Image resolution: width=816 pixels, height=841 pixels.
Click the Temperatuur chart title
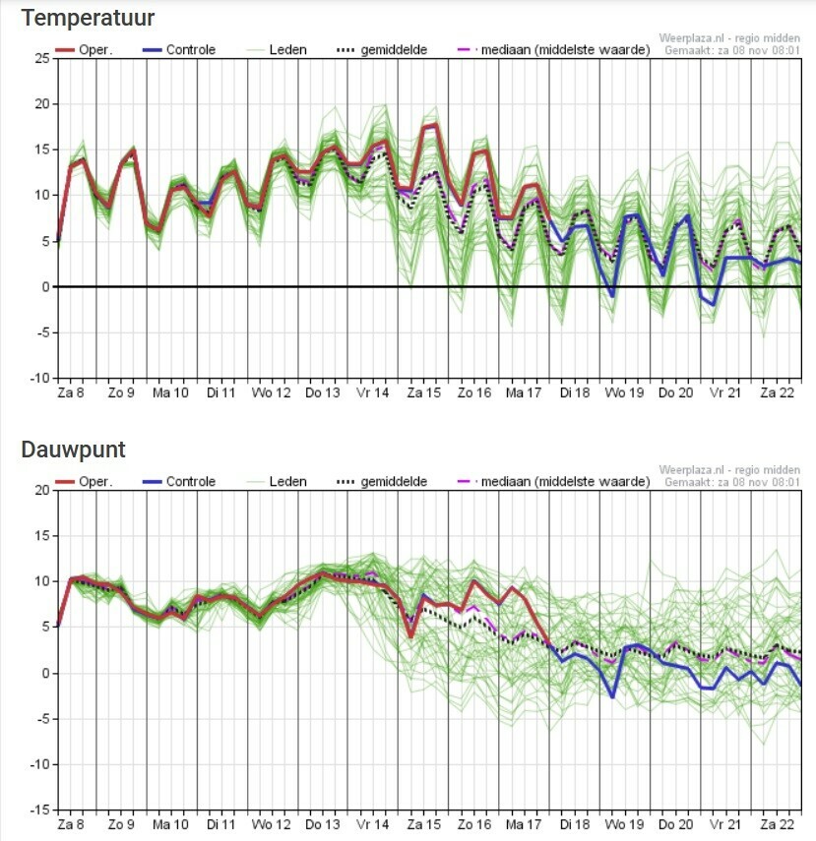[x=88, y=18]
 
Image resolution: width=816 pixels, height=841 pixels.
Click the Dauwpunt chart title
[x=73, y=450]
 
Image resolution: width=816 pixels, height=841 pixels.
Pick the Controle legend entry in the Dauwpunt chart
[x=190, y=482]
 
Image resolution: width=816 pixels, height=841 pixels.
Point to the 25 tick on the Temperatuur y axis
[x=41, y=58]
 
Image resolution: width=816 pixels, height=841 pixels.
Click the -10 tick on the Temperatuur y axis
[x=38, y=378]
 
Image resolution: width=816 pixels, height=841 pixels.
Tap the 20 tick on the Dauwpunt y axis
[x=41, y=490]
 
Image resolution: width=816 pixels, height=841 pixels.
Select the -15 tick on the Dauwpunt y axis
[x=38, y=810]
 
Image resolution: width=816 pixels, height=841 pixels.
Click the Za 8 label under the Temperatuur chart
[x=71, y=392]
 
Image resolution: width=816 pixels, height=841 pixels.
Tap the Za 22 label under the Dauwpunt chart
[x=776, y=824]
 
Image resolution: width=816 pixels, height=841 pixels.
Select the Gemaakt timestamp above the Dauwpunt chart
[x=733, y=482]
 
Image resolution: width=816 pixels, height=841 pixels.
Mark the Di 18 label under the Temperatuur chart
[x=575, y=392]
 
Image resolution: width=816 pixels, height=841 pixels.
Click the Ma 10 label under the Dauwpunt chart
[x=170, y=824]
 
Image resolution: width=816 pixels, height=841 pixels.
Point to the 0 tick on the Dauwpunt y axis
[x=45, y=673]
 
